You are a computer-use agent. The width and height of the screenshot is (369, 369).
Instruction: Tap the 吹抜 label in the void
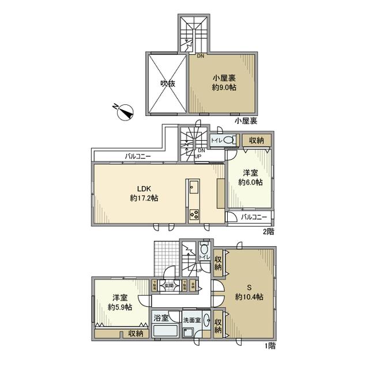(x=167, y=83)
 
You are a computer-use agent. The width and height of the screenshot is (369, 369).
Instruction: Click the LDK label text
(x=144, y=188)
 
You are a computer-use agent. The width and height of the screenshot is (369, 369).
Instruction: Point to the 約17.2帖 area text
(x=144, y=198)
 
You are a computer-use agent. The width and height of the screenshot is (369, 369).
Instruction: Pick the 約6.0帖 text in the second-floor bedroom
(x=251, y=182)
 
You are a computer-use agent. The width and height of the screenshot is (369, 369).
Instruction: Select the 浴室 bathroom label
(x=161, y=318)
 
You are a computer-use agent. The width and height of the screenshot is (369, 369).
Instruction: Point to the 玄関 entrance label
(x=169, y=284)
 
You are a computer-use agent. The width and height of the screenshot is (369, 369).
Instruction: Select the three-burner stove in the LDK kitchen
(x=193, y=215)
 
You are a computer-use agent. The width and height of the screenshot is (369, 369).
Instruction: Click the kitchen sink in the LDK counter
(x=193, y=189)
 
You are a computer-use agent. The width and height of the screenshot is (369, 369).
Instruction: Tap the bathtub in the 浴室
(x=166, y=332)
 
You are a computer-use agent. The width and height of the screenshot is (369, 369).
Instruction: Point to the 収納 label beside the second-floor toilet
(x=257, y=140)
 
